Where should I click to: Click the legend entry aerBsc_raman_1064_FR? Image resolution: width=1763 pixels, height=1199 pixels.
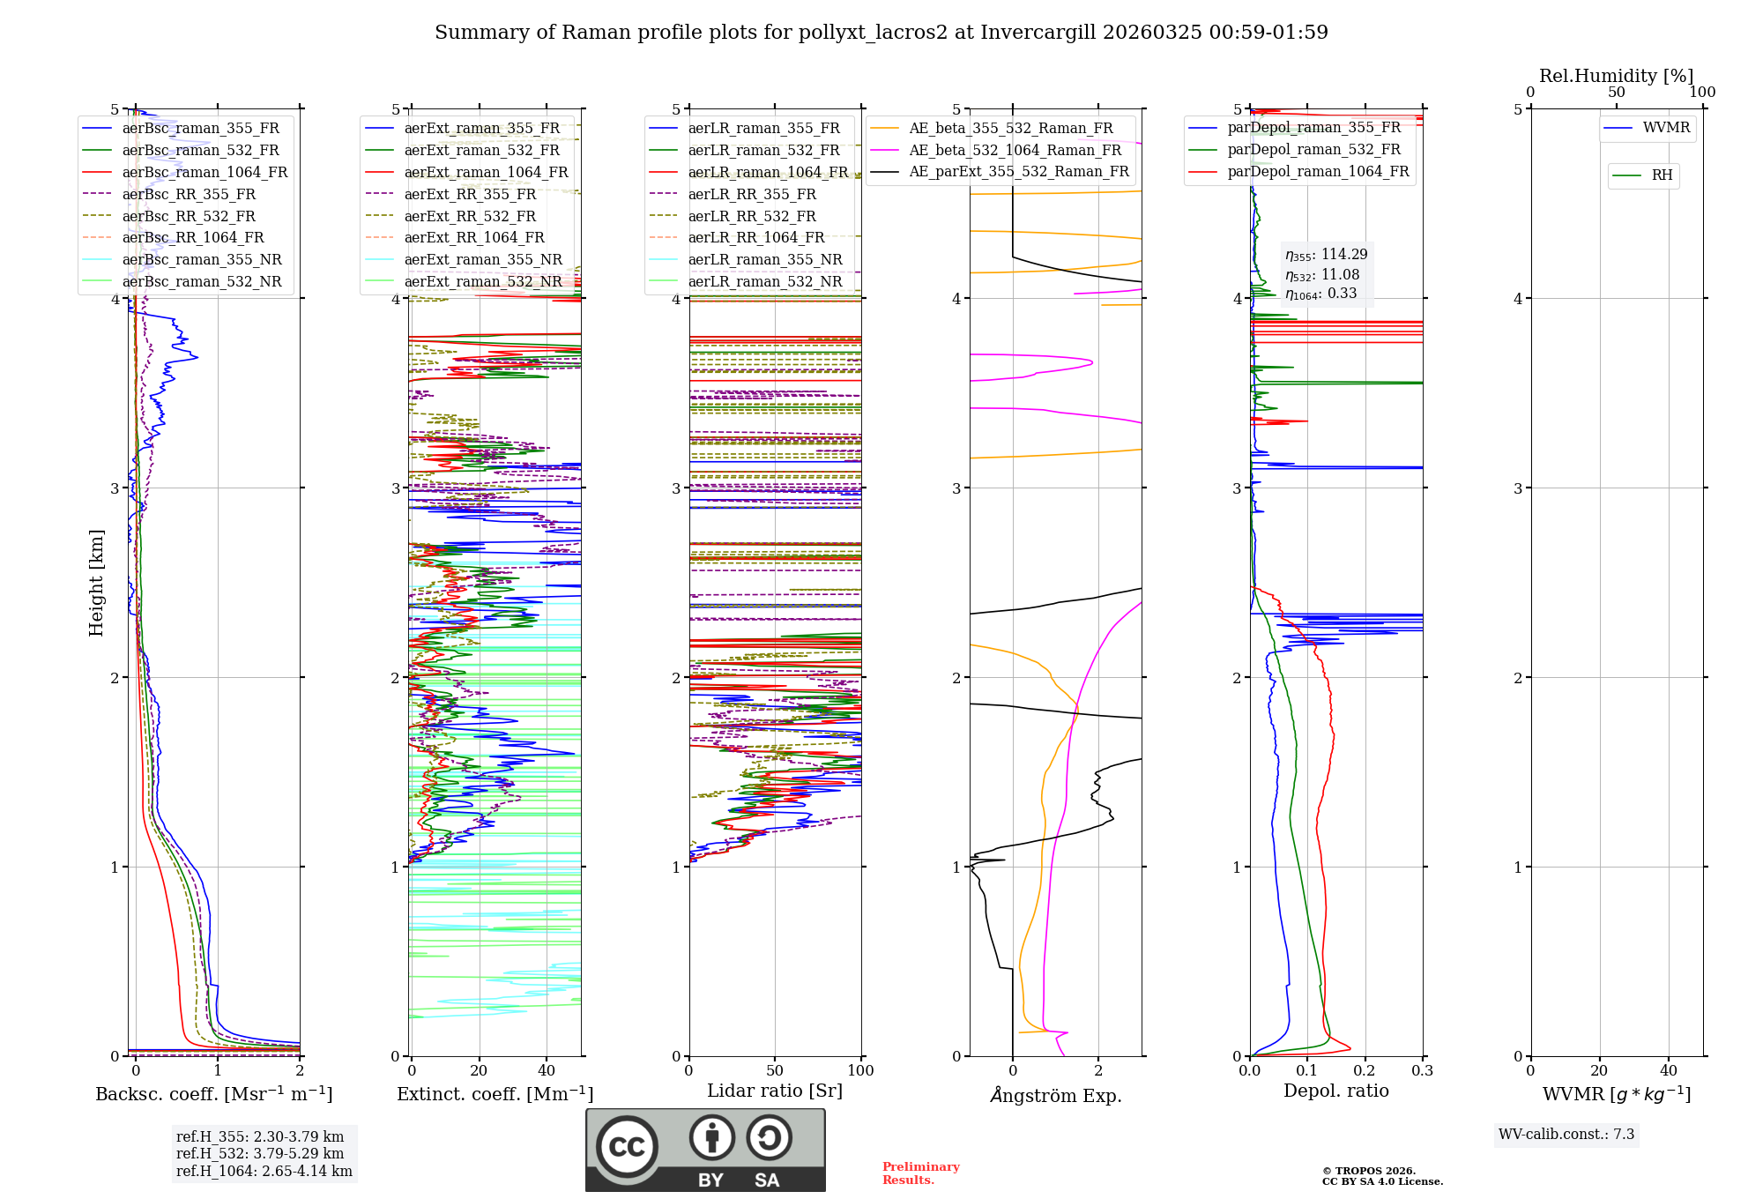pos(205,173)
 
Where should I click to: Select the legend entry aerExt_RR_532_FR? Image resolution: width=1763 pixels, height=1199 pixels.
pos(470,216)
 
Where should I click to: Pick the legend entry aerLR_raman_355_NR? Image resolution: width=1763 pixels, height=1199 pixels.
pos(764,260)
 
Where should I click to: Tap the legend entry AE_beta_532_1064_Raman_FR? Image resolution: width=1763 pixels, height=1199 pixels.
pos(1015,151)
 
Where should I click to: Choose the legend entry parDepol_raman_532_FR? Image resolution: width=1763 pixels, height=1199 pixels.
pos(1313,150)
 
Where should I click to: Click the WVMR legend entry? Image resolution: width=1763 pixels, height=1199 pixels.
pos(1666,128)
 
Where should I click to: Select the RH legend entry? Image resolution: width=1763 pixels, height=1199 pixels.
pos(1662,175)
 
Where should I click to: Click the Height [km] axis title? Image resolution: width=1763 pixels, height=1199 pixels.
pos(96,583)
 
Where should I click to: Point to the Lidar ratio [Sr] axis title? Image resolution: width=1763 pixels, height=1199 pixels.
pos(775,1091)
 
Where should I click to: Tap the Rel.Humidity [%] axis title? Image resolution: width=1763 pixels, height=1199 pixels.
pos(1616,76)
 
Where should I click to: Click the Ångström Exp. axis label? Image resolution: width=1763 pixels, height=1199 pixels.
pos(1056,1096)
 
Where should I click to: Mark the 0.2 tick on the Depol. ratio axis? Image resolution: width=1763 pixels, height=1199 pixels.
pos(1365,1071)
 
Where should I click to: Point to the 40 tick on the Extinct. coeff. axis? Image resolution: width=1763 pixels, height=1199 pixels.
pos(547,1071)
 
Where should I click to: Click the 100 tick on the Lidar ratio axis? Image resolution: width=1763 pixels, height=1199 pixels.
pos(860,1071)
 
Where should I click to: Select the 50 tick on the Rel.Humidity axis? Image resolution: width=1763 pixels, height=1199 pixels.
pos(1616,93)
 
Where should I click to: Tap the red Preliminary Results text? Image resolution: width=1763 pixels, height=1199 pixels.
pos(920,1173)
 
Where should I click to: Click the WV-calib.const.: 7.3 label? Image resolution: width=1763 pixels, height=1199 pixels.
pos(1566,1135)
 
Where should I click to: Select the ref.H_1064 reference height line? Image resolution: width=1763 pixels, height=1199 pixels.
pos(264,1172)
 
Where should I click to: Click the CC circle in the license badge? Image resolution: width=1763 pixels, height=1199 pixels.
pos(627,1146)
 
